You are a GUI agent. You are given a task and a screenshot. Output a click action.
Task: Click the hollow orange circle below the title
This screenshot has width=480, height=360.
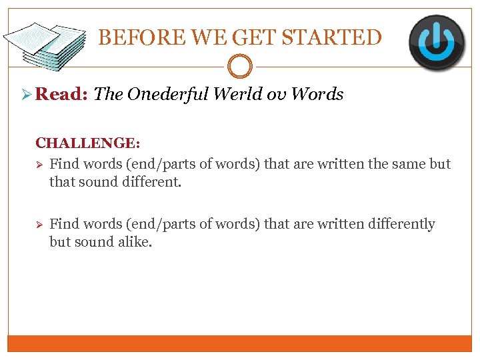point(240,67)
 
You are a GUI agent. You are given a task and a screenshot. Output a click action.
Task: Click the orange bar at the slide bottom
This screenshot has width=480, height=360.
point(240,343)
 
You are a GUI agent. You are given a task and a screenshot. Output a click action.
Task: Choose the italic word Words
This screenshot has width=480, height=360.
point(317,95)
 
